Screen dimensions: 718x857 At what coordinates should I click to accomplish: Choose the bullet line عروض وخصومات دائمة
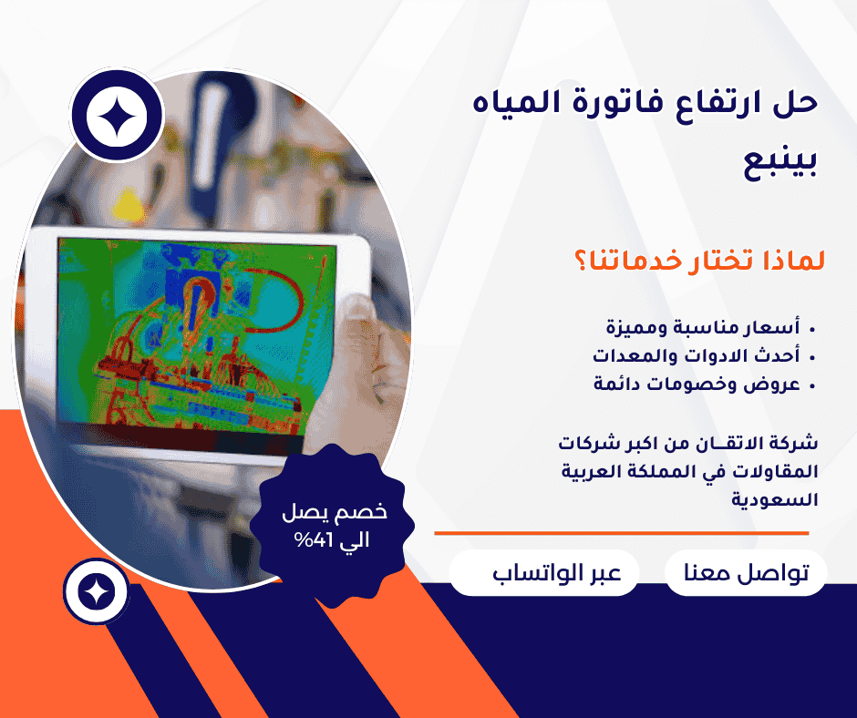[697, 384]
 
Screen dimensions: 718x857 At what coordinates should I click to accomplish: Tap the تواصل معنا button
[746, 573]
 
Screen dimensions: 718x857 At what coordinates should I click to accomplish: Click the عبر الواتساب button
[544, 573]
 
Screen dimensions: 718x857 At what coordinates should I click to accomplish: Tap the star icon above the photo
[116, 115]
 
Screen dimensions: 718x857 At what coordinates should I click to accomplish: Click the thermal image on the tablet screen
[197, 333]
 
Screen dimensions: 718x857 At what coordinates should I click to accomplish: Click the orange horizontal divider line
[621, 533]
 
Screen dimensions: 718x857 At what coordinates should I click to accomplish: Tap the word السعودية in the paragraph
[776, 499]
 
